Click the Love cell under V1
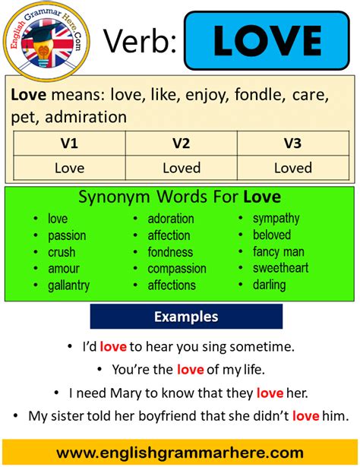[69, 168]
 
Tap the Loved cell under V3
[292, 168]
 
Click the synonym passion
[66, 235]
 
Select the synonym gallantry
[68, 286]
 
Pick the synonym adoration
[171, 219]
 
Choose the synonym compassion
[177, 269]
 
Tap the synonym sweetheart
[280, 269]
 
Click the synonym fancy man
[278, 252]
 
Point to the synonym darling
[270, 286]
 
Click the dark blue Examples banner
[186, 317]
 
